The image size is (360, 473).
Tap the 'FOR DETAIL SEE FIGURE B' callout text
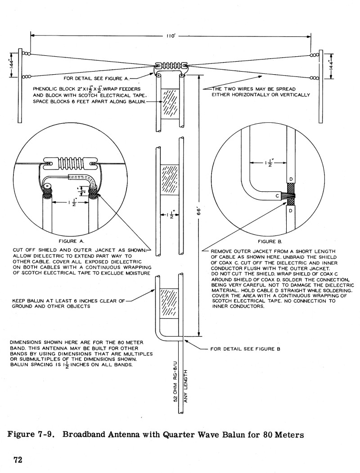(x=245, y=349)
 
